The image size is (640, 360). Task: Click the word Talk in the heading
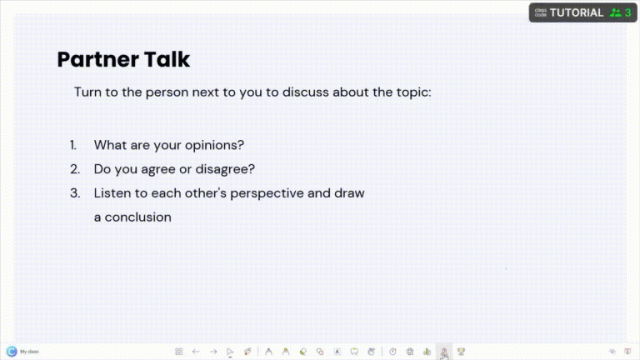pos(163,59)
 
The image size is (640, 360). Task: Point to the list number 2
pos(74,169)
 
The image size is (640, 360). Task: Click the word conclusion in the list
pos(138,217)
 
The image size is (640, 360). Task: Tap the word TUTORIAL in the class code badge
pos(576,12)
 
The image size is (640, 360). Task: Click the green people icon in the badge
pos(615,12)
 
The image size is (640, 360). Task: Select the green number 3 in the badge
pos(627,12)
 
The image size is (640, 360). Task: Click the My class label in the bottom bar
pos(29,352)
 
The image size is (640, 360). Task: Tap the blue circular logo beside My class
pos(12,352)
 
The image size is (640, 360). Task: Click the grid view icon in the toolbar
pos(179,352)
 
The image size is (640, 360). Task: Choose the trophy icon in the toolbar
pos(461,352)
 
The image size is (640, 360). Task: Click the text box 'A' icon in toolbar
pos(337,352)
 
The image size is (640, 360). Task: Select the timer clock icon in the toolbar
pos(392,352)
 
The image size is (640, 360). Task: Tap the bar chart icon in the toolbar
pos(427,352)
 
